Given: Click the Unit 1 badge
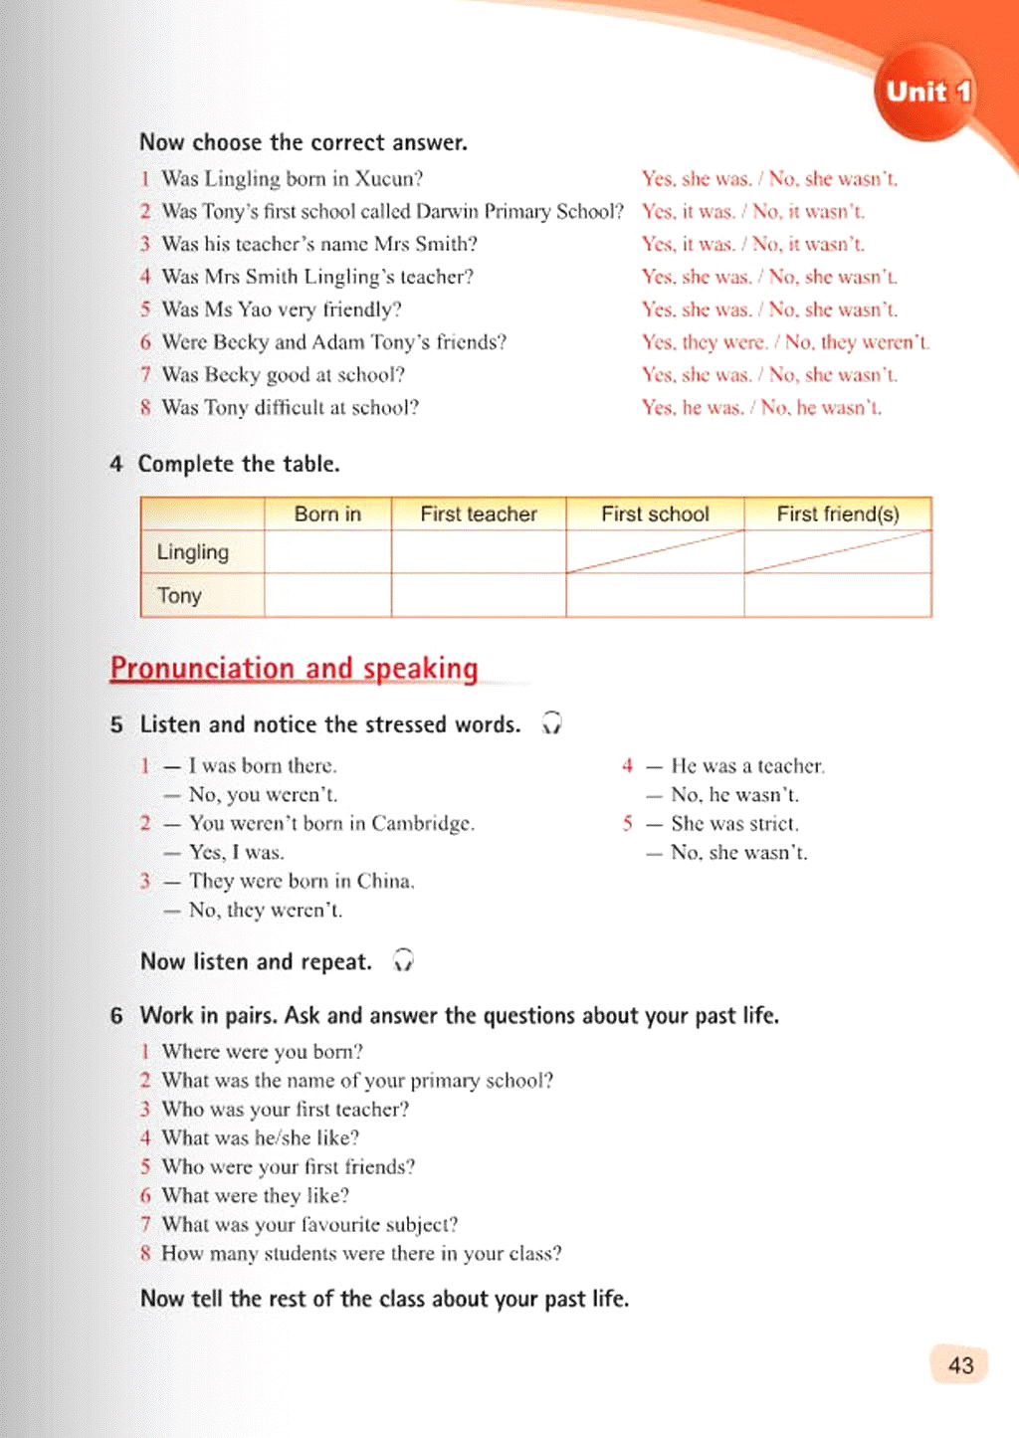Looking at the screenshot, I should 927,92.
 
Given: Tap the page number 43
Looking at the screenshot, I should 960,1365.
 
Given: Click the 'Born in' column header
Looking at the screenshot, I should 327,514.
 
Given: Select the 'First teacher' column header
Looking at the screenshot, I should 479,514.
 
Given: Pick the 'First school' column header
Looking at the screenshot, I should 655,514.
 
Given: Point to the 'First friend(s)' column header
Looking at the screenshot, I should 838,514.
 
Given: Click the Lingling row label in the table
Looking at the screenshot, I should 193,552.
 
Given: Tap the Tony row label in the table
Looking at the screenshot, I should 179,595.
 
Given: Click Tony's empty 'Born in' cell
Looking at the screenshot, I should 327,595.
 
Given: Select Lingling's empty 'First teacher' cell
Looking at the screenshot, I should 479,552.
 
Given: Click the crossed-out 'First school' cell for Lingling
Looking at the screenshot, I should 655,552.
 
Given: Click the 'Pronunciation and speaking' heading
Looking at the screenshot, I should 294,668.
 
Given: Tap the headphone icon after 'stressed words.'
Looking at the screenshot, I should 551,723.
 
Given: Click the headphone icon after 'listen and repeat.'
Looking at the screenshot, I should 403,960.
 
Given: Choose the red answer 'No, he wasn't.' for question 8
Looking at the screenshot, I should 821,408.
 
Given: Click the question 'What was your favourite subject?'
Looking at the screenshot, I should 309,1224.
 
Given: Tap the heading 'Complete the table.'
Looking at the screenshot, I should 239,464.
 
